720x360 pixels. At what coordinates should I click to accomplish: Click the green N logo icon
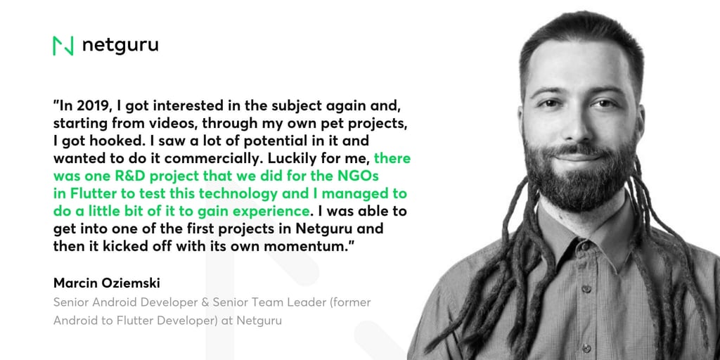[63, 46]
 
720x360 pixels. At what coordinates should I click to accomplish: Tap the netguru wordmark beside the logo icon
[120, 46]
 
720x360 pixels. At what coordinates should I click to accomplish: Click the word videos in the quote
[178, 124]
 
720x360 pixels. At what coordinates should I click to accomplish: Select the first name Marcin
[78, 283]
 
